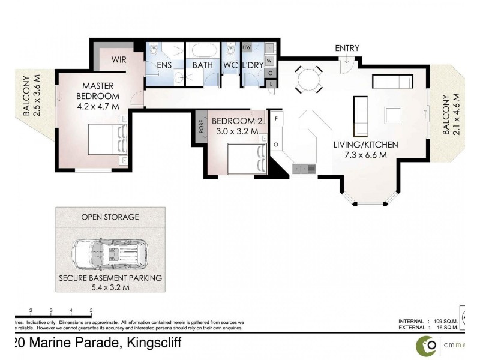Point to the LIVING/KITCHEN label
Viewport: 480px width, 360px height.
(365, 145)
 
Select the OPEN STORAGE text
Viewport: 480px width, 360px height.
(110, 217)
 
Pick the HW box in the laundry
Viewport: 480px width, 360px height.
(247, 47)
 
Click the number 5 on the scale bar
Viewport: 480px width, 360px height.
(91, 311)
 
